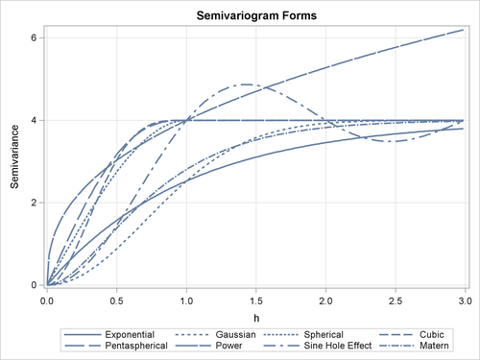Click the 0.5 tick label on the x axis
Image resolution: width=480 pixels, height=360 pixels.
click(x=116, y=300)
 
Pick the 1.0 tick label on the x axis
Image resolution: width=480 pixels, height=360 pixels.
click(x=186, y=300)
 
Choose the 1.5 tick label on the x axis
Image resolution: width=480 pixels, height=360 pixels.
click(x=256, y=300)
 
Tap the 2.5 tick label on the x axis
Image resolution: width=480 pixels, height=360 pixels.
click(x=396, y=300)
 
